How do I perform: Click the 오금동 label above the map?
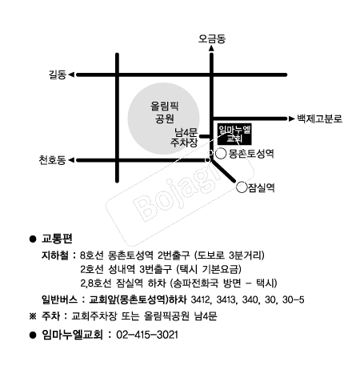212,39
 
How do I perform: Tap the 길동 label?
58,74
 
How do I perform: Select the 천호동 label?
52,160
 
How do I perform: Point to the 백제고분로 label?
320,119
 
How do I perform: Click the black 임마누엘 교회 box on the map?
234,135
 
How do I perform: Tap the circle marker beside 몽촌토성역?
221,154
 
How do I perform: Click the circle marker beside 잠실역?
242,187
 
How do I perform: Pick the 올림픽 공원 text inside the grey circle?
164,112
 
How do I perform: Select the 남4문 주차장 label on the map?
184,137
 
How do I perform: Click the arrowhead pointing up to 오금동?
211,48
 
